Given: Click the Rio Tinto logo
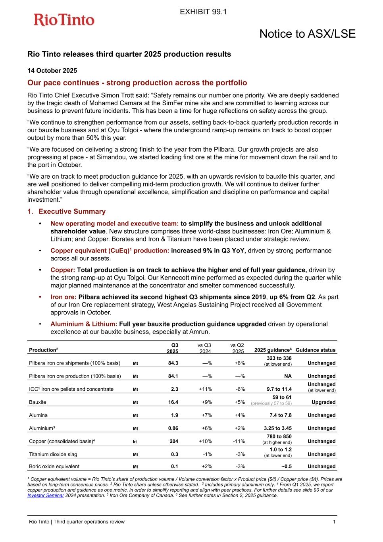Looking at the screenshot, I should pyautogui.click(x=64, y=20).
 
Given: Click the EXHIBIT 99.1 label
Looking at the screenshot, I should pyautogui.click(x=203, y=12).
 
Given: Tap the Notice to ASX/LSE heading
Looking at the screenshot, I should pyautogui.click(x=307, y=34).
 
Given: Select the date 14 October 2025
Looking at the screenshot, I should pyautogui.click(x=52, y=71).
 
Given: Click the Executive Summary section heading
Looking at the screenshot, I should pyautogui.click(x=72, y=212).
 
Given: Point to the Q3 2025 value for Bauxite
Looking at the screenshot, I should pyautogui.click(x=173, y=402).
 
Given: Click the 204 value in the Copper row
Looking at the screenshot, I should pyautogui.click(x=173, y=441).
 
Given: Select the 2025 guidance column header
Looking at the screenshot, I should pyautogui.click(x=273, y=350).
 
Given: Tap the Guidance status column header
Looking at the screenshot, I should pyautogui.click(x=316, y=350).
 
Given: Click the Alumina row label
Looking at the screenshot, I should pyautogui.click(x=38, y=415).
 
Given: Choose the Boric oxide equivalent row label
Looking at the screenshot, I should pyautogui.click(x=54, y=467).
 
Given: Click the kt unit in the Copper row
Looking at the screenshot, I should pyautogui.click(x=135, y=442).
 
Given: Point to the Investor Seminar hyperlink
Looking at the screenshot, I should pyautogui.click(x=46, y=495).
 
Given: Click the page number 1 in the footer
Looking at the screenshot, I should pyautogui.click(x=334, y=522).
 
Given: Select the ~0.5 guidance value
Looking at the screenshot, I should pyautogui.click(x=286, y=467).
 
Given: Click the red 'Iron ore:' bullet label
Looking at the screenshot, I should pyautogui.click(x=64, y=297).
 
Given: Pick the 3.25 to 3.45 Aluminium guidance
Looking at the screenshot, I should pyautogui.click(x=278, y=428).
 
